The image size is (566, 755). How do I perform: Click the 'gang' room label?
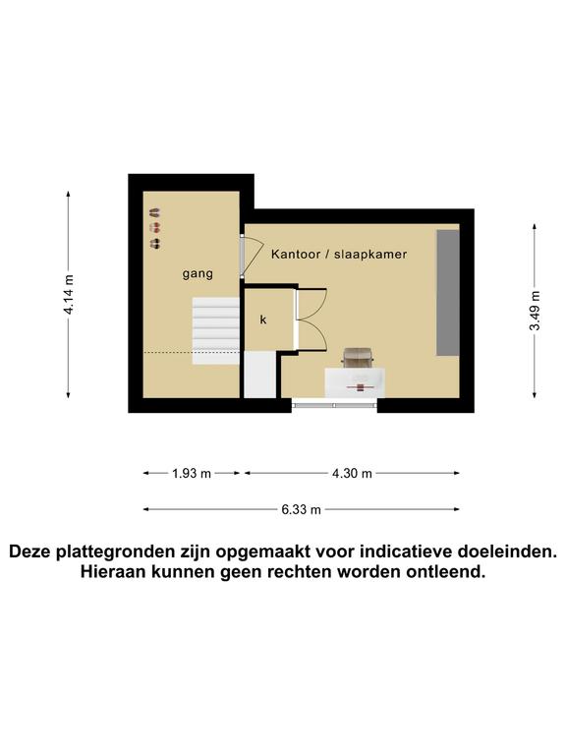pyautogui.click(x=198, y=274)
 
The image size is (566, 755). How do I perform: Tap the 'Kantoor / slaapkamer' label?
pyautogui.click(x=339, y=254)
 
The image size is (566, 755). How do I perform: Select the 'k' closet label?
pyautogui.click(x=263, y=319)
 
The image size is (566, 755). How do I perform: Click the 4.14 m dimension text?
pyautogui.click(x=70, y=295)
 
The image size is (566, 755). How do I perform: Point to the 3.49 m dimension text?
pyautogui.click(x=535, y=311)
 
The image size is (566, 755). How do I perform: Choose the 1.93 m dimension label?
pyautogui.click(x=192, y=473)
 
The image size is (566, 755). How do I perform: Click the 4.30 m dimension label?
pyautogui.click(x=352, y=473)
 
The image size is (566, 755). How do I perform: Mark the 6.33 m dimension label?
pyautogui.click(x=302, y=509)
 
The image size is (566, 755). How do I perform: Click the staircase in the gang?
pyautogui.click(x=215, y=330)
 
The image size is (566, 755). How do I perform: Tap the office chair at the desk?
pyautogui.click(x=357, y=357)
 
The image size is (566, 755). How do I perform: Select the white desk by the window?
pyautogui.click(x=355, y=382)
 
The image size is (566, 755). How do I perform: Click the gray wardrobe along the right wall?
pyautogui.click(x=448, y=293)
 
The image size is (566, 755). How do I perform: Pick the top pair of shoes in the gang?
pyautogui.click(x=154, y=212)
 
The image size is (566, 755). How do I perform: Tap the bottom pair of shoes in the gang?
pyautogui.click(x=154, y=243)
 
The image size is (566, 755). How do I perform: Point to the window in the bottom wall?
pyautogui.click(x=334, y=405)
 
